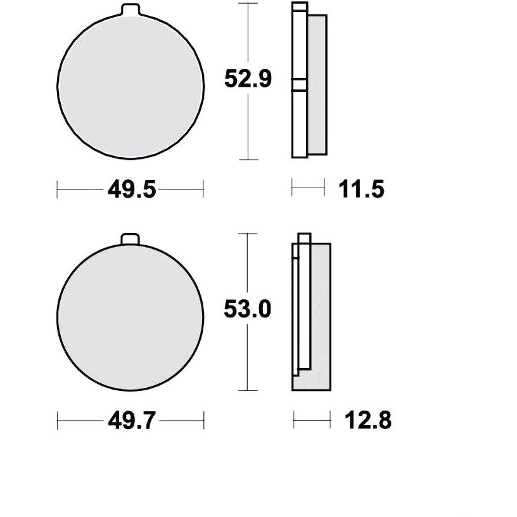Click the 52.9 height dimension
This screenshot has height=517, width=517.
(x=248, y=79)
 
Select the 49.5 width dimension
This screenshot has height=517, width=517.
(x=132, y=189)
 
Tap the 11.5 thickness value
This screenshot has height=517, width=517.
(x=361, y=189)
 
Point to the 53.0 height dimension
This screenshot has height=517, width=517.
(x=247, y=309)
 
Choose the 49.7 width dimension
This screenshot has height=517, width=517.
(x=132, y=421)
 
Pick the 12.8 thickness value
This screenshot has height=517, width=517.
(x=368, y=421)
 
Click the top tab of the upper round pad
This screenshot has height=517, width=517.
(x=131, y=10)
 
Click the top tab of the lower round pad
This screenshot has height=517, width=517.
(x=131, y=239)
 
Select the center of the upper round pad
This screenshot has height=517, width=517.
(x=131, y=87)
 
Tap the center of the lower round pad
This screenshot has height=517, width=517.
(x=131, y=317)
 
